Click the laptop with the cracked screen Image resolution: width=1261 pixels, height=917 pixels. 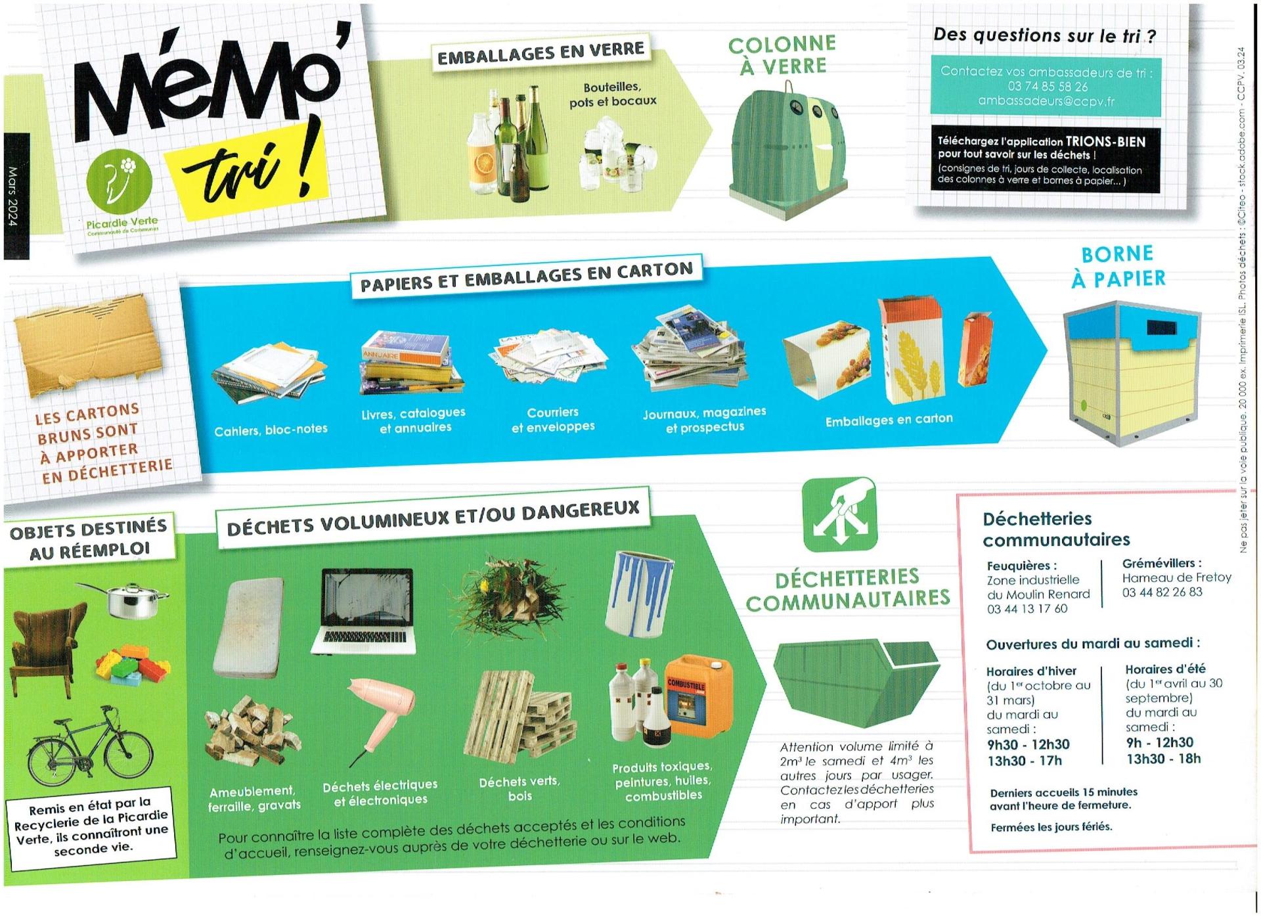(x=363, y=611)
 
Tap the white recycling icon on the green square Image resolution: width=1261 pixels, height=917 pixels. (x=839, y=514)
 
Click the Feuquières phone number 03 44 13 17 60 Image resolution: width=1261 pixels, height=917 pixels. (x=1027, y=609)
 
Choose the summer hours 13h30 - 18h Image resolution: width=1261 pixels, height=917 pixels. (x=1163, y=759)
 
